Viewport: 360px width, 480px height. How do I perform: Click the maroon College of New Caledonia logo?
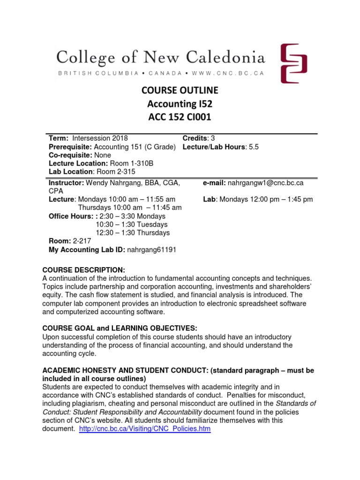pyautogui.click(x=294, y=63)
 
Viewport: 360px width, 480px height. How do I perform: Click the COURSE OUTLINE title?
pyautogui.click(x=180, y=90)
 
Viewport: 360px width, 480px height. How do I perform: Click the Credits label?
pyautogui.click(x=195, y=138)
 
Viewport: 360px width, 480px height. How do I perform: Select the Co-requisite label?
pyautogui.click(x=70, y=155)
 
